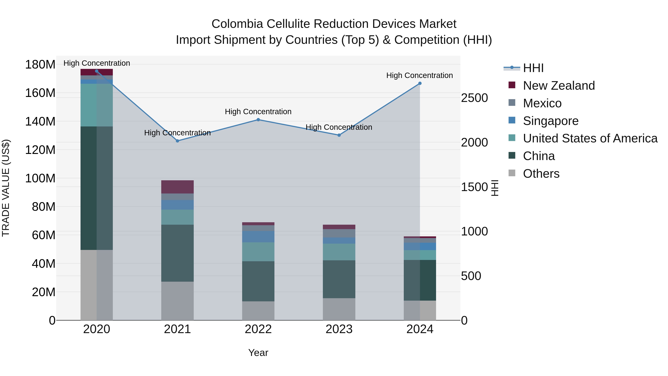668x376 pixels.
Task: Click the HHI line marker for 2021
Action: pyautogui.click(x=177, y=141)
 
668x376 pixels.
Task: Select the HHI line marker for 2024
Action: pyautogui.click(x=420, y=83)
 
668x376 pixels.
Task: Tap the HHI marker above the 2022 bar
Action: pyautogui.click(x=258, y=120)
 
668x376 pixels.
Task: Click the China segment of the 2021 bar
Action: pyautogui.click(x=177, y=253)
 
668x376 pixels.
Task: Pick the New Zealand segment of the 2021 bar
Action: pyautogui.click(x=177, y=187)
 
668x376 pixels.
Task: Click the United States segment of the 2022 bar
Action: pyautogui.click(x=258, y=252)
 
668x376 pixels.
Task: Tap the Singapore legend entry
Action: pyautogui.click(x=551, y=121)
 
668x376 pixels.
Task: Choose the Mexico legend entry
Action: pyautogui.click(x=542, y=103)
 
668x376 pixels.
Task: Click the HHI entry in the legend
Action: pyautogui.click(x=533, y=68)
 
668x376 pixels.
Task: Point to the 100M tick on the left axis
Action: pyautogui.click(x=40, y=178)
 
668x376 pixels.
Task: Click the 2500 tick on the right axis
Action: pyautogui.click(x=474, y=98)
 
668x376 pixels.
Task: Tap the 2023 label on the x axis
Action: pyautogui.click(x=339, y=329)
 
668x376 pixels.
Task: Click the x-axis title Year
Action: pyautogui.click(x=258, y=353)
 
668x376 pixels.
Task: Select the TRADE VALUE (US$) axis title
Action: pyautogui.click(x=6, y=188)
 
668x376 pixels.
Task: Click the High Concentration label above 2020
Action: pyautogui.click(x=97, y=63)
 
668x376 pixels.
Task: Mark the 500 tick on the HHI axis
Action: pyautogui.click(x=471, y=276)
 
